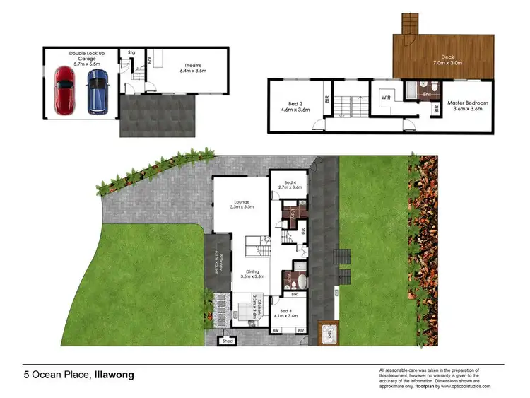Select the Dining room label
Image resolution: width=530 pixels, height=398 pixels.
pos(251,273)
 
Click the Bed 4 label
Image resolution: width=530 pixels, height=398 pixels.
pos(290,185)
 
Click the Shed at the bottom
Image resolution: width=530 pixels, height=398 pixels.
pos(228,341)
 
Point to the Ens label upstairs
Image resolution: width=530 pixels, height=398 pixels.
pos(426,93)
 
